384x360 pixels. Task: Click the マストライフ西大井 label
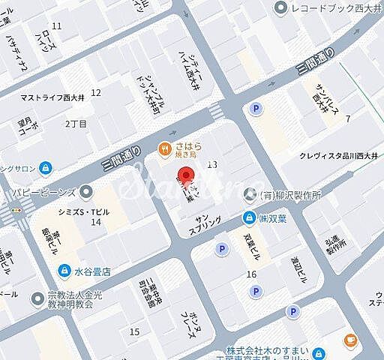[x=52, y=97]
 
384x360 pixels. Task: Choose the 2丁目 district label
[x=76, y=122]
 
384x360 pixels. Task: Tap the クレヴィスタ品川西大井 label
[x=335, y=156]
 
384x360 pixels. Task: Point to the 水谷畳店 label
[x=91, y=271]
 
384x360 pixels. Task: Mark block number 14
[x=95, y=222]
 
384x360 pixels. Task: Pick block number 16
[x=251, y=274]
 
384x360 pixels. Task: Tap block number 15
[x=134, y=331]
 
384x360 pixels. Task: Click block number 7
[x=347, y=118]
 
